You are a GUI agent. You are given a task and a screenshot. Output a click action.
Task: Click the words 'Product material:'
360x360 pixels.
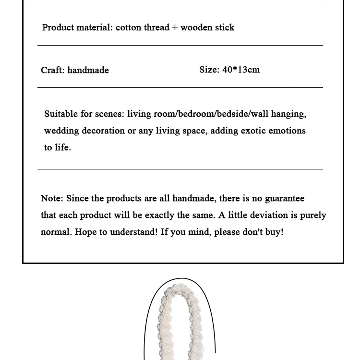coord(77,27)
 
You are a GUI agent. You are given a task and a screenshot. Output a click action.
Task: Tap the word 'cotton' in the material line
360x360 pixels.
coord(128,27)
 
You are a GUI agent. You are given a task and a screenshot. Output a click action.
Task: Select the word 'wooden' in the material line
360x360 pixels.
coord(196,27)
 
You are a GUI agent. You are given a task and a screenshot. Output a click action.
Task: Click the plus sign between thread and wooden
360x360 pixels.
coord(175,28)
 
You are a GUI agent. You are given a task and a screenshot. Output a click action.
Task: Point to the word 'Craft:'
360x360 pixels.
coord(52,70)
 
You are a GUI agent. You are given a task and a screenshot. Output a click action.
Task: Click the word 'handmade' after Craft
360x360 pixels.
coord(88,70)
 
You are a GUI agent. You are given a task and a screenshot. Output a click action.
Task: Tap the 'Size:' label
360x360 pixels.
coord(209,70)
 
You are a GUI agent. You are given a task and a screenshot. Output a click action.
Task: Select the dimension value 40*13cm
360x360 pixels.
coord(241,70)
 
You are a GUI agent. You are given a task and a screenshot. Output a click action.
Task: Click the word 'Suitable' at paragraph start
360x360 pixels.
coord(61,114)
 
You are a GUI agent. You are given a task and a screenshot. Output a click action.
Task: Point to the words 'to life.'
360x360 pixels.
coord(58,147)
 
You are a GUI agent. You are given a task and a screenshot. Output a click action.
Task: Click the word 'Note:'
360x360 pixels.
coord(52,198)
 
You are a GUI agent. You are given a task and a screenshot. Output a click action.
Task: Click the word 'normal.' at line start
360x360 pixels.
coord(56,232)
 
